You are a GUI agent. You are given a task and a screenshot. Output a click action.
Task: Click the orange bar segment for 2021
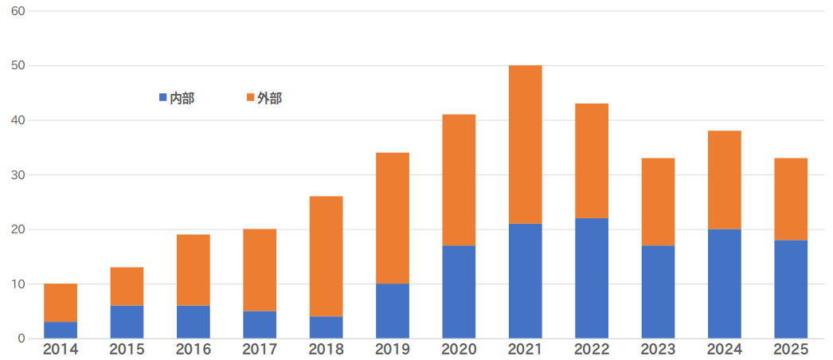(525, 144)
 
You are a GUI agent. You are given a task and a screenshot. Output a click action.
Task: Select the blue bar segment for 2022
(592, 278)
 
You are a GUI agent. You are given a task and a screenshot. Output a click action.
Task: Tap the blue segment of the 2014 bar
(61, 330)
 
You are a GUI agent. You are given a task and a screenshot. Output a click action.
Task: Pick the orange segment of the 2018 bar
(326, 256)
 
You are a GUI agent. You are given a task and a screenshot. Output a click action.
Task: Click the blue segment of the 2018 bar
(326, 327)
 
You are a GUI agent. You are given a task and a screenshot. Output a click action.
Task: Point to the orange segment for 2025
(791, 199)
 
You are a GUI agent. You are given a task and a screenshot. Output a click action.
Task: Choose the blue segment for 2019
(393, 311)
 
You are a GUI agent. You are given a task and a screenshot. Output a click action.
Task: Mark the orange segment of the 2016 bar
(194, 270)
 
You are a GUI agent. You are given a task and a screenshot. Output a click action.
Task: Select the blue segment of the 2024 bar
(724, 284)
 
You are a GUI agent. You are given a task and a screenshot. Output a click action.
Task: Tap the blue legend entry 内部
(177, 98)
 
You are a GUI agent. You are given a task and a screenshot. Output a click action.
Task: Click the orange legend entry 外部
(264, 98)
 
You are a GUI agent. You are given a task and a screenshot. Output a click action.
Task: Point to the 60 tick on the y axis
(18, 11)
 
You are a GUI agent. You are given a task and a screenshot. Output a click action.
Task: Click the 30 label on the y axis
(18, 174)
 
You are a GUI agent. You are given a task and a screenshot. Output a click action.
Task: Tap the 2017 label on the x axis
(260, 350)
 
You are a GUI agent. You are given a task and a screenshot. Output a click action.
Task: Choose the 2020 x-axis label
(459, 350)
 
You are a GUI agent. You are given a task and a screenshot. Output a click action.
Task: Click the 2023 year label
(658, 350)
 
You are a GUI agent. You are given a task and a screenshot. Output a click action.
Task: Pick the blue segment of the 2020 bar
(459, 292)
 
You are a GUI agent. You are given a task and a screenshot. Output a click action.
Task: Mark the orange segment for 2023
(658, 202)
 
